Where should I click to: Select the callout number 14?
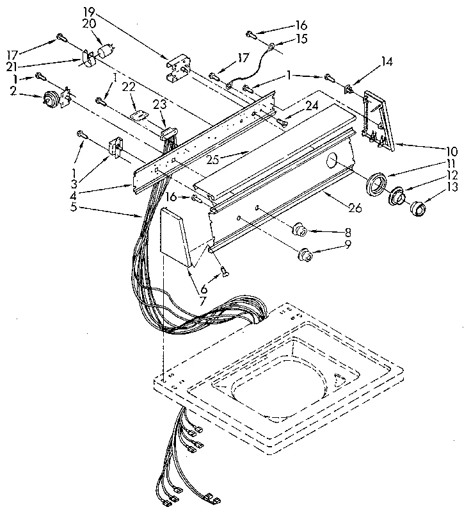click(x=387, y=62)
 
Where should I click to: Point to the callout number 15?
click(x=301, y=39)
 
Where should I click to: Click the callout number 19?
click(x=89, y=12)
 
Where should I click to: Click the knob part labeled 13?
click(x=419, y=209)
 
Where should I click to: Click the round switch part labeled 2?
click(x=48, y=98)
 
